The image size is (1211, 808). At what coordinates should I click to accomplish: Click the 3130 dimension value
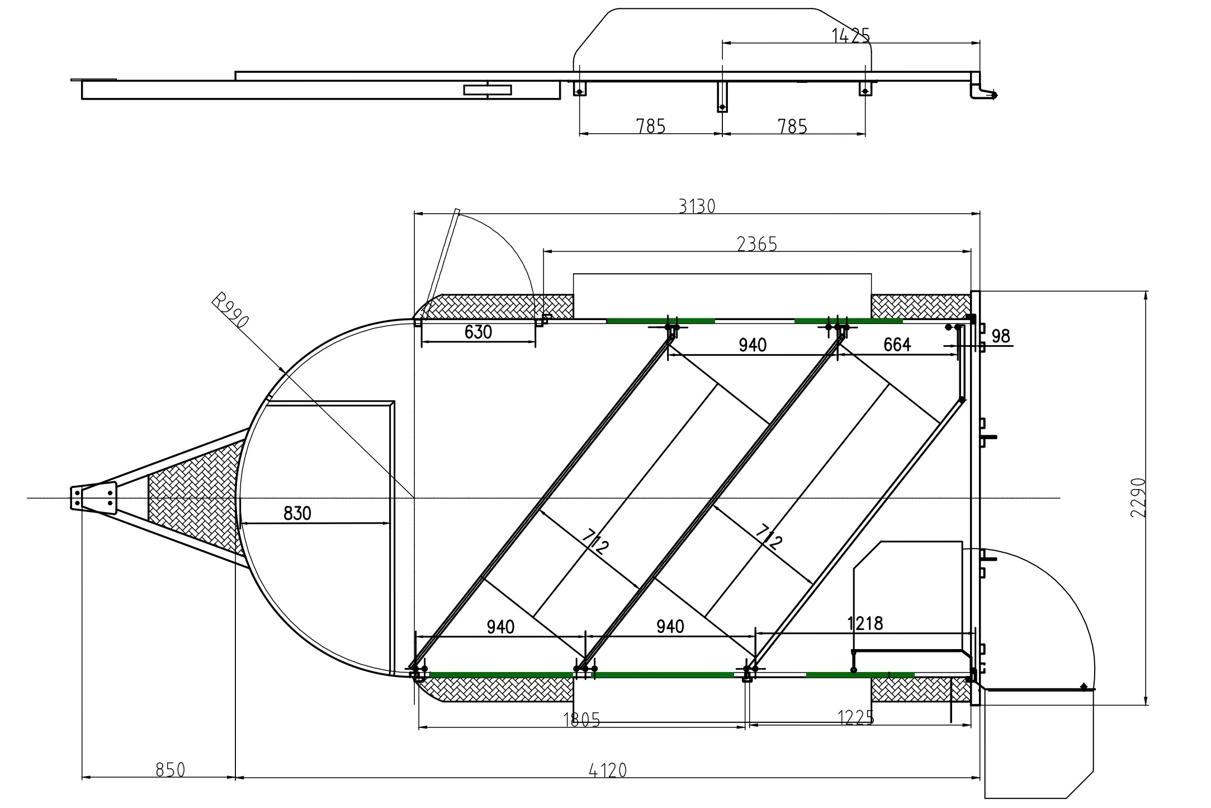697,206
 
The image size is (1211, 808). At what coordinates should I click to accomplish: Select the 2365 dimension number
757,244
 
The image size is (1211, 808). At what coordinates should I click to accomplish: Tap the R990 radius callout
230,312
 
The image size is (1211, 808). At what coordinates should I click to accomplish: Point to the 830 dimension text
297,513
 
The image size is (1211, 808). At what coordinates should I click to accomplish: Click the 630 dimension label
478,332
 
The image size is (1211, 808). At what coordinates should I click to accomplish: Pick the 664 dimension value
897,345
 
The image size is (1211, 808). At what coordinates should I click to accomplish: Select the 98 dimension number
1000,336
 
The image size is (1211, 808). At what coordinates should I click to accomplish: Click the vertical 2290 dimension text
1138,497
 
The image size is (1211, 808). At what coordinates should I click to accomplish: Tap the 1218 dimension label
865,623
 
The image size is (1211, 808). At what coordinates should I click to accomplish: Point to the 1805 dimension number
581,720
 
